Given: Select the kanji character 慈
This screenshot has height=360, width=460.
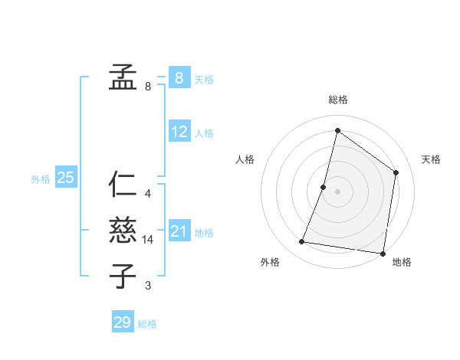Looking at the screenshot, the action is click(x=123, y=230).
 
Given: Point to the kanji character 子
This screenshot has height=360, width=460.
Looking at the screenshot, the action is click(x=123, y=276).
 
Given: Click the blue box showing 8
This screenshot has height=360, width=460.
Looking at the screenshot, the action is click(x=179, y=77).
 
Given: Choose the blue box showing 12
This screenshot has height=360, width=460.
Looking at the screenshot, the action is click(x=179, y=131).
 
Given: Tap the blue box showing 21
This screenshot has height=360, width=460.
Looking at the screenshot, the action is click(x=179, y=231).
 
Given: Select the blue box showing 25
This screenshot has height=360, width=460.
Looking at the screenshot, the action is click(x=65, y=178).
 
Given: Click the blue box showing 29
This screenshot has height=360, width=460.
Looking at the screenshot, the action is click(x=123, y=322).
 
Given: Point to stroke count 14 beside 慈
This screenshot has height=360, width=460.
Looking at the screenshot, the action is click(x=148, y=240).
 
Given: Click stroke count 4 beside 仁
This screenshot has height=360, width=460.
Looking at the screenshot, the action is click(x=148, y=194).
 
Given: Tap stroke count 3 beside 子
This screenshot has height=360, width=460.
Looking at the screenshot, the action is click(x=148, y=286).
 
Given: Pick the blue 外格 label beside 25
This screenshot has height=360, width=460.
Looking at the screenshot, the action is click(x=41, y=179).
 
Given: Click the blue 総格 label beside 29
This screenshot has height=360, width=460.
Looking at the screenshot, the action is click(x=147, y=324).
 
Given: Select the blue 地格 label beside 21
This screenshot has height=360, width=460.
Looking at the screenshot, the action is click(x=204, y=233).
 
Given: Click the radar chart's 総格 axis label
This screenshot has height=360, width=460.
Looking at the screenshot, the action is click(x=337, y=100).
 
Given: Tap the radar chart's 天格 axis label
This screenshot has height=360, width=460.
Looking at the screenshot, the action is click(x=431, y=159).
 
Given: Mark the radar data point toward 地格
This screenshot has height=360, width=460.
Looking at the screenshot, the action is click(x=383, y=253).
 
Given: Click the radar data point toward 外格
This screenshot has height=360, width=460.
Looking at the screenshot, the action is click(x=301, y=242).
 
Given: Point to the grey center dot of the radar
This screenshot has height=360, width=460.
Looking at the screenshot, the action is click(x=337, y=191).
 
